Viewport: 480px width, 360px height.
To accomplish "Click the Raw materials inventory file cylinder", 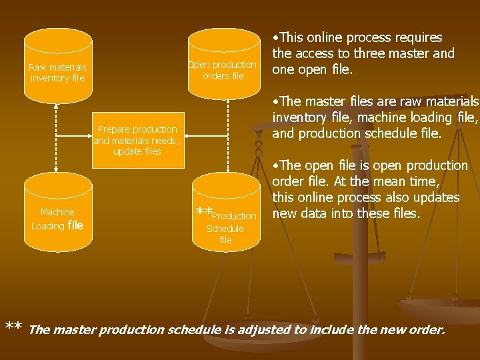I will pos(57,66).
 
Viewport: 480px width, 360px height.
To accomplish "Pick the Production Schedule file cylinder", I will pos(226,213).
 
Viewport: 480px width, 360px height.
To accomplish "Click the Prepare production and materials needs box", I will pos(137,140).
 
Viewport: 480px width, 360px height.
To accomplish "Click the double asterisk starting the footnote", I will pos(14,327).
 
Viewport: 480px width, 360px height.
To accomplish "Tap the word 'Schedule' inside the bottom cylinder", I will pos(225,229).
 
